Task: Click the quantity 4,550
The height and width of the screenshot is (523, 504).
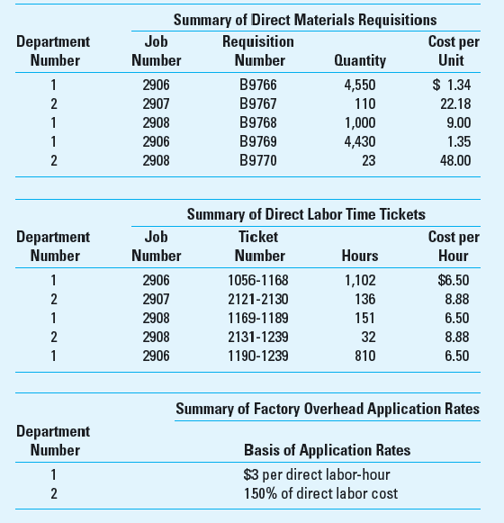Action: pos(359,86)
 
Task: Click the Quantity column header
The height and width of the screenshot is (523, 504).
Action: pos(359,61)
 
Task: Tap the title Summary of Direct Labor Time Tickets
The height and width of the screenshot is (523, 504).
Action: pos(306,215)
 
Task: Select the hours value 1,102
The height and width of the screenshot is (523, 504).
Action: pos(359,281)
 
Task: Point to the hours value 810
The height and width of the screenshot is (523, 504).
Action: pos(364,356)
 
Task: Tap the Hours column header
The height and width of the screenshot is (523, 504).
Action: pos(360,256)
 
